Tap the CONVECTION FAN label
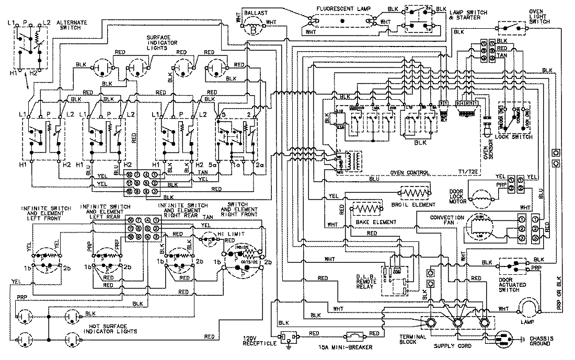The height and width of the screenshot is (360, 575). tap(447, 220)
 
